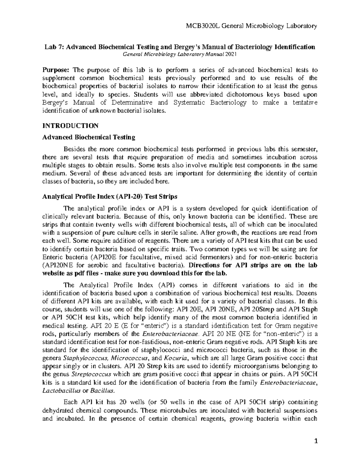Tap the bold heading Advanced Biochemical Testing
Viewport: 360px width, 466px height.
(89, 137)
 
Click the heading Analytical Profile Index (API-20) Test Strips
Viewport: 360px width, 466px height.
(110, 197)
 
